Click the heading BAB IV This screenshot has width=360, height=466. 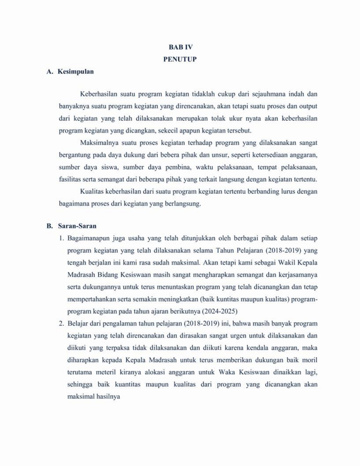(180, 47)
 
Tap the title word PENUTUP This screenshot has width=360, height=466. (180, 59)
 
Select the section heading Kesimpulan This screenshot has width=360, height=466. (76, 72)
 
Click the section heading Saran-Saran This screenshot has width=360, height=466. (77, 226)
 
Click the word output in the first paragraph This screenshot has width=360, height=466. (308, 106)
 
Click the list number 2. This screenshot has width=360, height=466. (61, 324)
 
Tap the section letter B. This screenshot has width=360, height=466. (49, 226)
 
